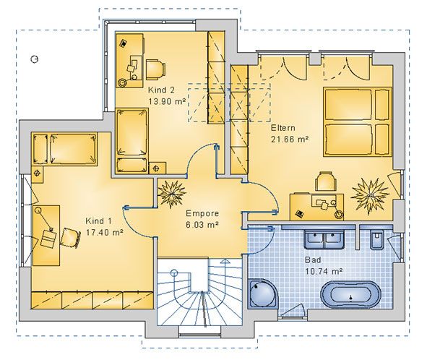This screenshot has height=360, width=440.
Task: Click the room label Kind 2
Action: tap(161, 90)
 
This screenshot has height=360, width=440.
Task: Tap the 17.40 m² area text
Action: tap(104, 233)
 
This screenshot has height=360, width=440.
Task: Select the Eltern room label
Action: tap(283, 128)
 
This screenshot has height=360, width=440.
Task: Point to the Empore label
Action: tap(202, 213)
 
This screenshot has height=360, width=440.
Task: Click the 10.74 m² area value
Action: tap(324, 272)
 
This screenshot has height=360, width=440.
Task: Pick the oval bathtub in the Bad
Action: tap(350, 294)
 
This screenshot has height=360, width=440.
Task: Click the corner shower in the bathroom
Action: tap(263, 293)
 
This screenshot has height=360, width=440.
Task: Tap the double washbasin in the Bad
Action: tap(324, 239)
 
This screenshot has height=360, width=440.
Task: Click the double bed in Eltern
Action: tap(357, 121)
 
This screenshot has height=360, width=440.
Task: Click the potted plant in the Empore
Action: tap(172, 194)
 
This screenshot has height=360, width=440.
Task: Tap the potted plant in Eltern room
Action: tap(370, 195)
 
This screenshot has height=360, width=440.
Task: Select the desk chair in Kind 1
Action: tap(70, 238)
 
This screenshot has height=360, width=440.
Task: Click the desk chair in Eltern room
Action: tap(326, 181)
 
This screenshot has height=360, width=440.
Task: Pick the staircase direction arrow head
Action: tap(224, 262)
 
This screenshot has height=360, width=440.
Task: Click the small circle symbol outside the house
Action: tap(34, 59)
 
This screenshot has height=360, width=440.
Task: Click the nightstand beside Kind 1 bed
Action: tap(38, 173)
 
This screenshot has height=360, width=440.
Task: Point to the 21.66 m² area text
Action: tap(290, 140)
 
